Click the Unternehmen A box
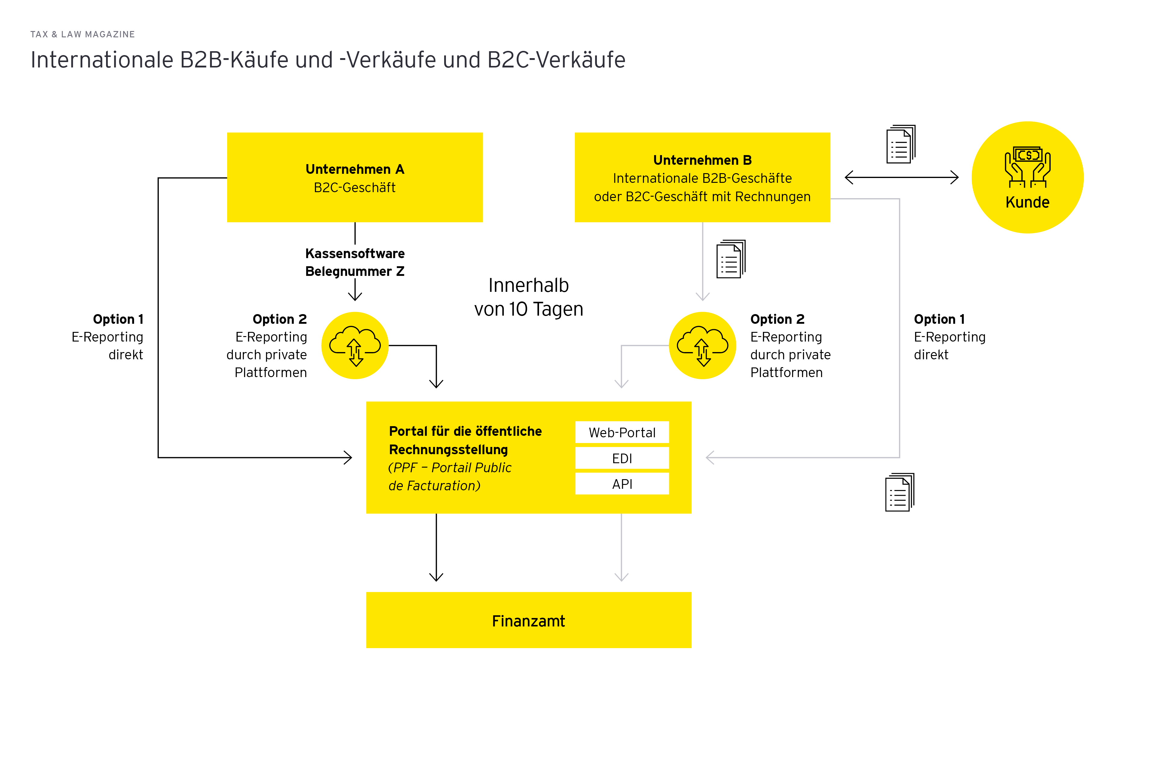pos(355,177)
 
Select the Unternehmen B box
pos(702,177)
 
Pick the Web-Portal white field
pos(622,432)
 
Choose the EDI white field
pos(622,458)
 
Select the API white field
pos(622,484)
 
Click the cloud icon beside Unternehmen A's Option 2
pos(355,346)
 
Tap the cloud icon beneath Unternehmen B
pos(702,346)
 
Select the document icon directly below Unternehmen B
pos(730,259)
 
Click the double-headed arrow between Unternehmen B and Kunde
pos(901,177)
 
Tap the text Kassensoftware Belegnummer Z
pos(355,262)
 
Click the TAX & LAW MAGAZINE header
pos(83,34)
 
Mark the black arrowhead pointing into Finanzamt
pos(436,577)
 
